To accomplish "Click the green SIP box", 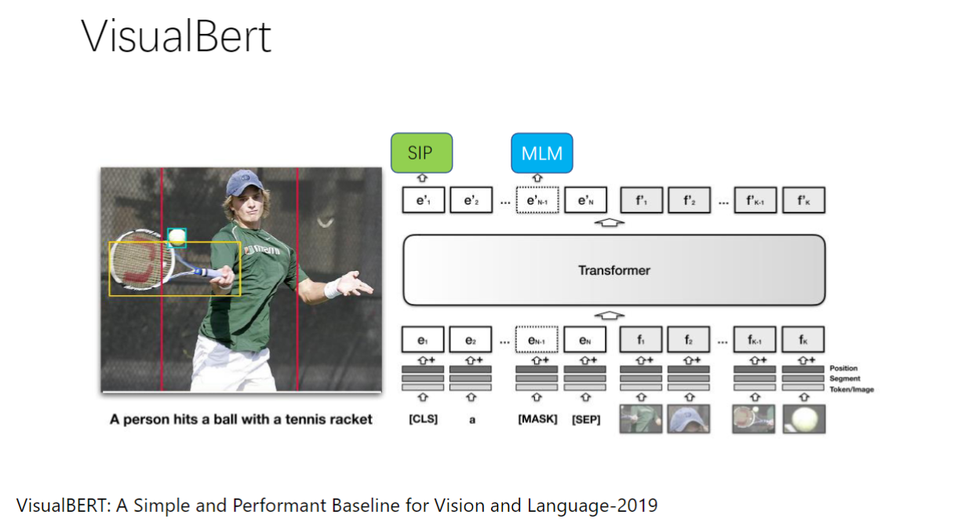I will click(x=421, y=152).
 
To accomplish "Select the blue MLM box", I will click(x=541, y=152).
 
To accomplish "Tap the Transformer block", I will click(x=613, y=270).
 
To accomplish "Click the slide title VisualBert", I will click(x=176, y=36).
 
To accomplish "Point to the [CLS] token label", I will click(x=424, y=419).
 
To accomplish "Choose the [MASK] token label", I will click(x=537, y=419).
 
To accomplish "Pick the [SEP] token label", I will click(x=586, y=419).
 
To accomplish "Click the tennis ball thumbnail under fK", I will click(x=803, y=418).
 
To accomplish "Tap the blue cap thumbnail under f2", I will click(x=689, y=418).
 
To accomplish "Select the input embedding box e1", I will click(x=424, y=340).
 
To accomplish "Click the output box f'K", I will click(x=803, y=201).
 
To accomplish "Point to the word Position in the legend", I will click(x=843, y=368).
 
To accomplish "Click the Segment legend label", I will click(x=844, y=378).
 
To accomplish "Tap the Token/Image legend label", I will click(x=851, y=389).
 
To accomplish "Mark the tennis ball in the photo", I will click(x=177, y=236).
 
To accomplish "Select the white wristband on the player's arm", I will click(x=333, y=289).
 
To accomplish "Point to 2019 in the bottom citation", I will click(x=639, y=504).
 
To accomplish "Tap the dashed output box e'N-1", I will click(x=537, y=201).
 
